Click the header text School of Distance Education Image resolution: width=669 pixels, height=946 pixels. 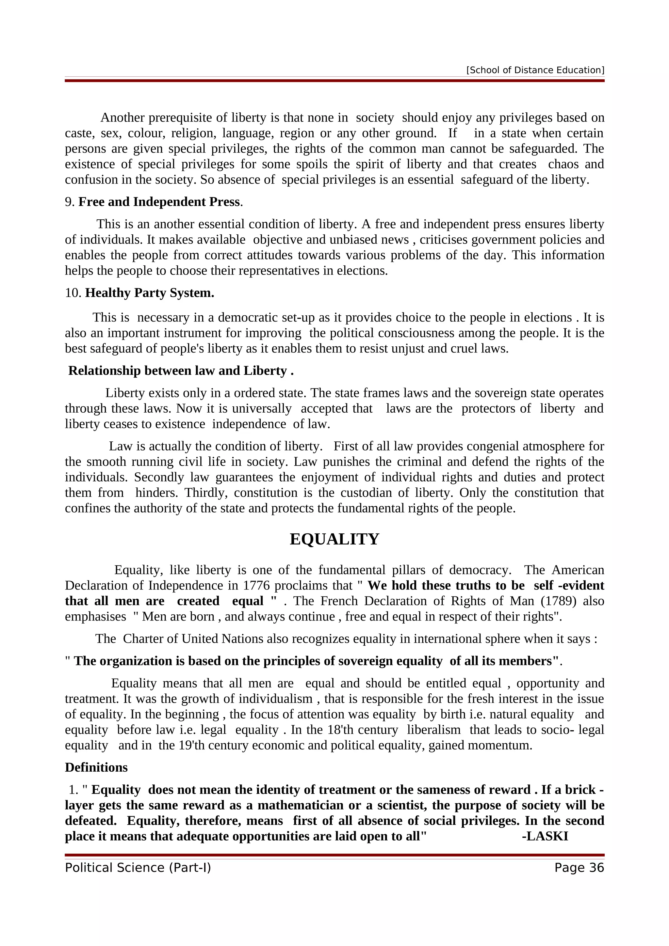[x=535, y=70]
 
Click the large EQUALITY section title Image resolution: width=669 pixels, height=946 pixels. [x=334, y=539]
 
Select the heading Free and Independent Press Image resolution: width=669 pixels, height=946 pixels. [x=159, y=202]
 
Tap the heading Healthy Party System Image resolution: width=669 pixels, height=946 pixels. [x=150, y=293]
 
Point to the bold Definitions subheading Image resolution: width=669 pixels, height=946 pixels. [x=96, y=767]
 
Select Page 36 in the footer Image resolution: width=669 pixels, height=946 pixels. [x=579, y=868]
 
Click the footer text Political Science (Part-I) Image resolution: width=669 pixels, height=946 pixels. [x=138, y=868]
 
